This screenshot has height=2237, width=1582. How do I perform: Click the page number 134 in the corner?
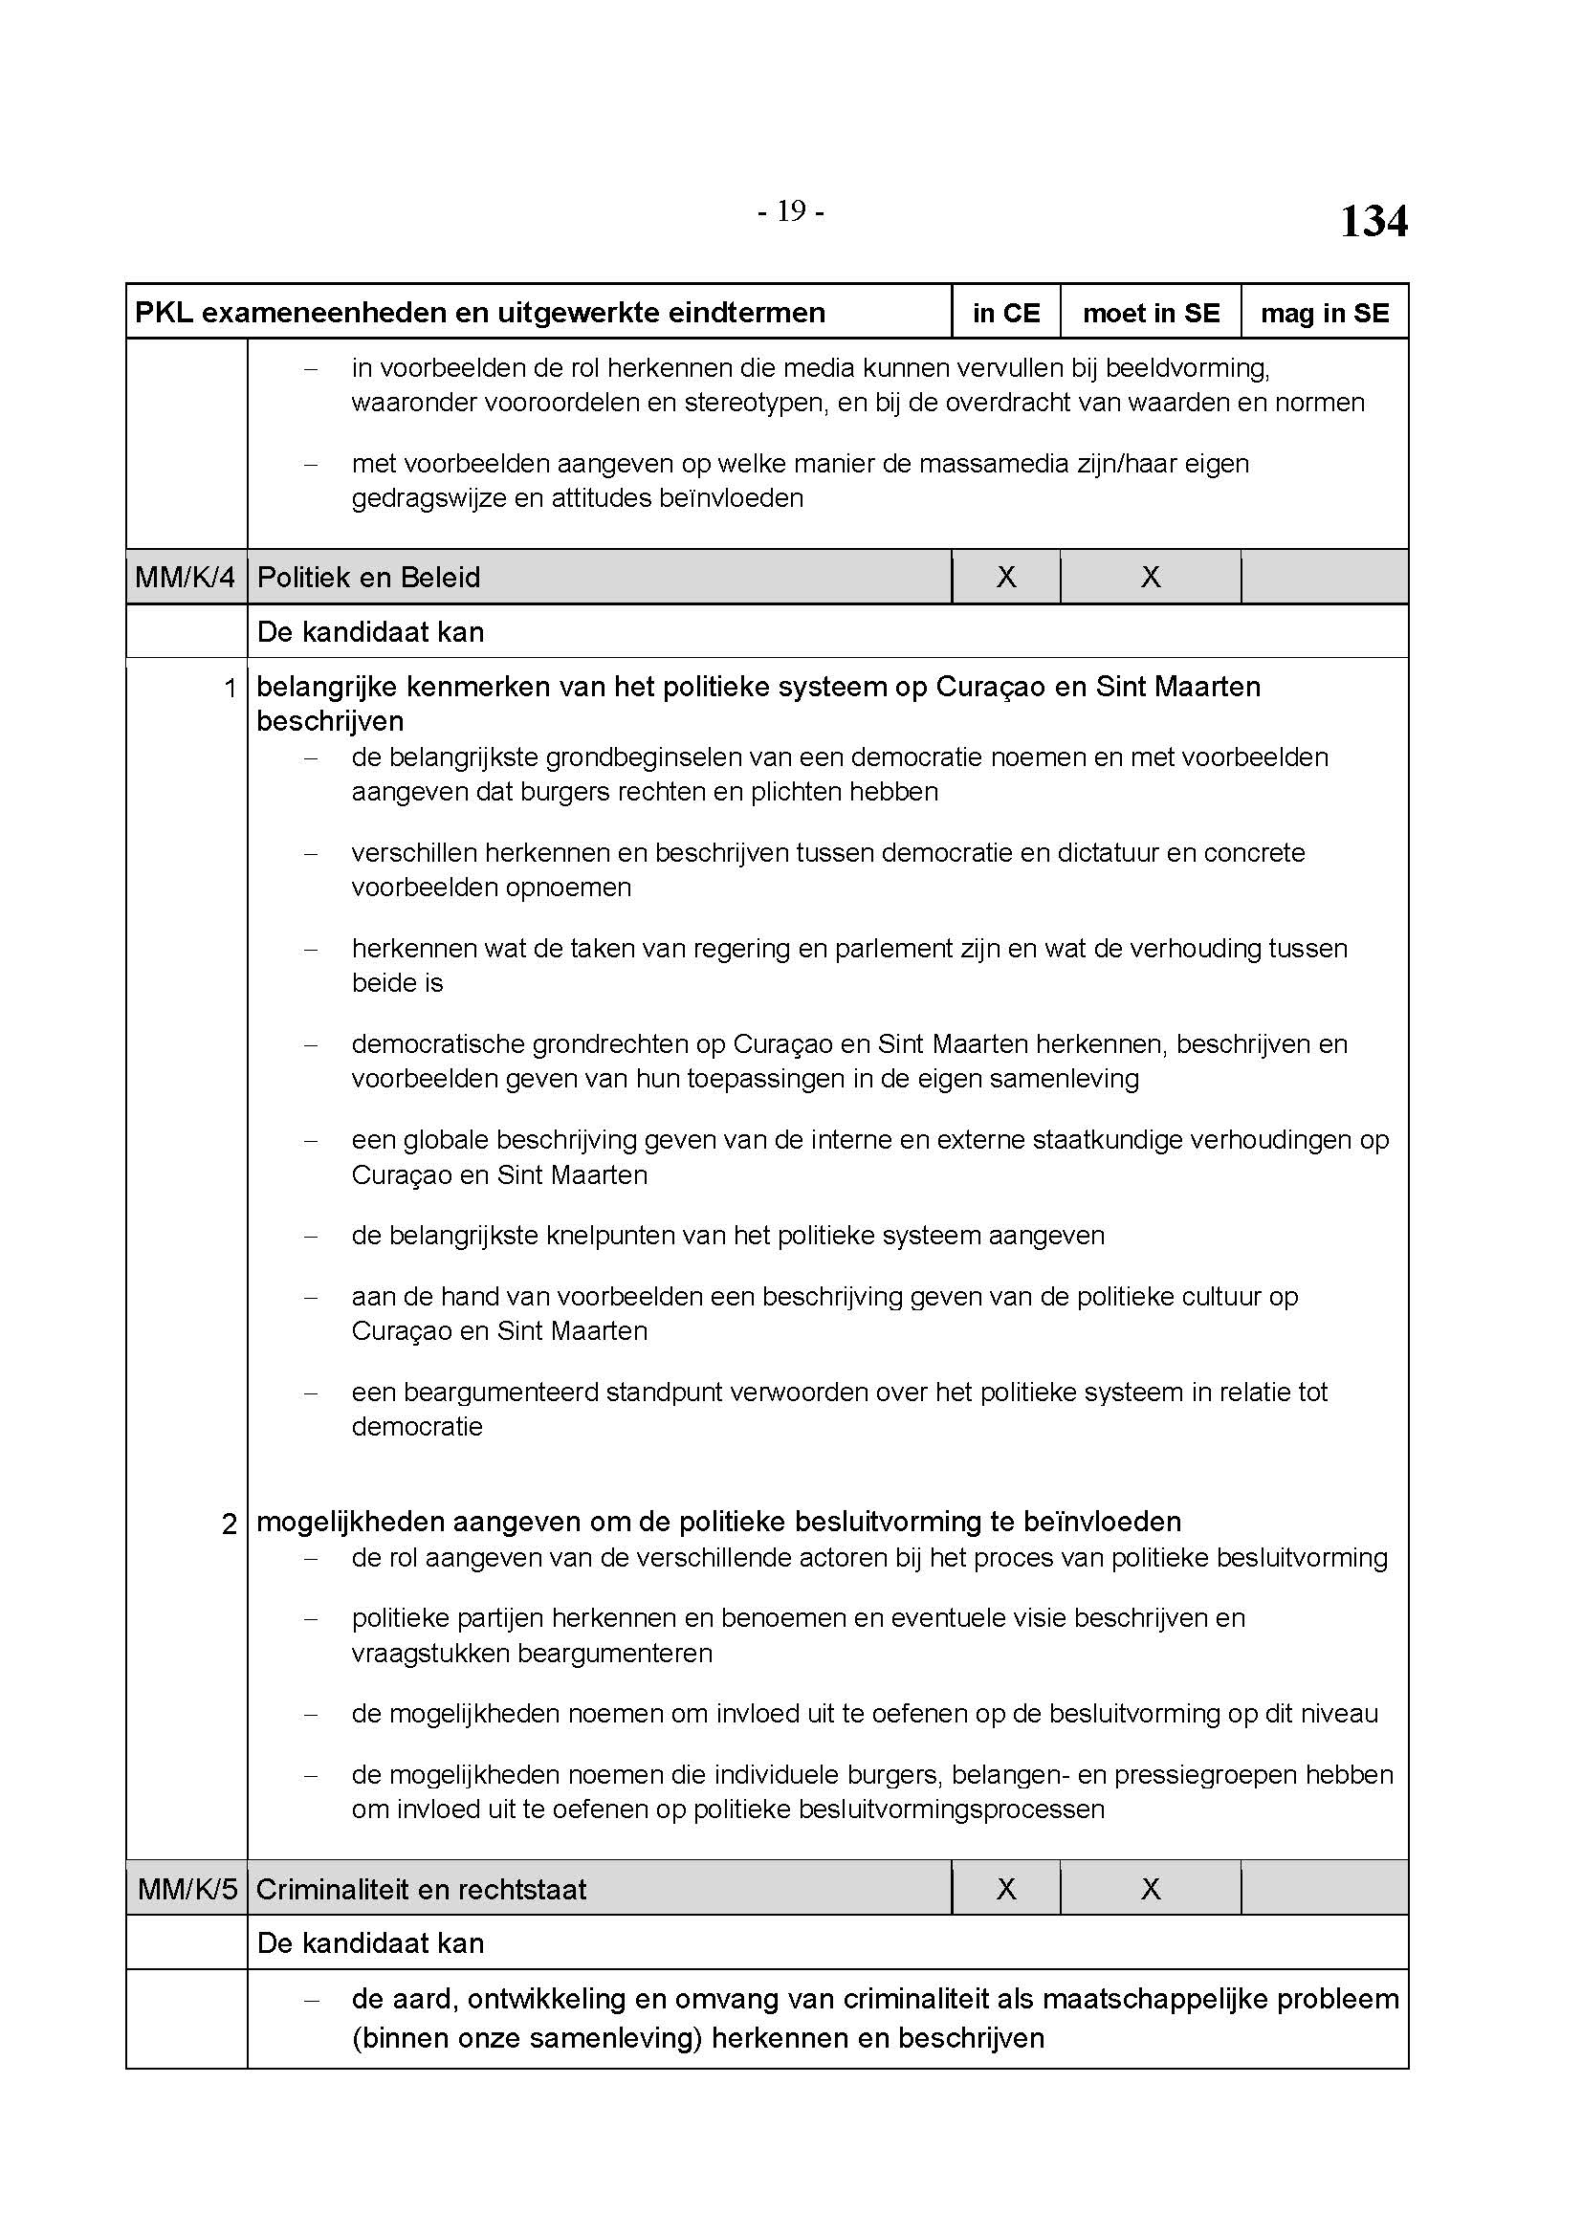click(1373, 221)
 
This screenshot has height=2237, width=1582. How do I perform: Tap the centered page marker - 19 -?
click(791, 211)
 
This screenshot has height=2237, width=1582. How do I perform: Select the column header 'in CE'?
click(1005, 313)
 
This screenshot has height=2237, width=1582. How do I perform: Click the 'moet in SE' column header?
click(1151, 313)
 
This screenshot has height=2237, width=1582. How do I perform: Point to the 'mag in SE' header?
click(1324, 313)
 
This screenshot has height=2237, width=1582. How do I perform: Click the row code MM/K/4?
click(186, 578)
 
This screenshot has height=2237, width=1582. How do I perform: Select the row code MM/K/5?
click(187, 1890)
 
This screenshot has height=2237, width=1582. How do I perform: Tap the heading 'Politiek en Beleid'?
click(368, 578)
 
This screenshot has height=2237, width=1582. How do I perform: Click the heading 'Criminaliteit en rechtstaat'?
click(421, 1890)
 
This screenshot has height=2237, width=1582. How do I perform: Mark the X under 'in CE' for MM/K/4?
click(1005, 578)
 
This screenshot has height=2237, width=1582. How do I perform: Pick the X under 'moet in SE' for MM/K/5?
click(1151, 1890)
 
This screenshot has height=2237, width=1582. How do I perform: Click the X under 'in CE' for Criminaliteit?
click(1005, 1890)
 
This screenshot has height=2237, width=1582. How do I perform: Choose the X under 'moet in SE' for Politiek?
click(1151, 578)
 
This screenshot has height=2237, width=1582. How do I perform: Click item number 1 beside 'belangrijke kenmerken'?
click(230, 689)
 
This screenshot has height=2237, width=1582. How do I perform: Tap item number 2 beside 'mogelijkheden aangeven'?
click(229, 1524)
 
